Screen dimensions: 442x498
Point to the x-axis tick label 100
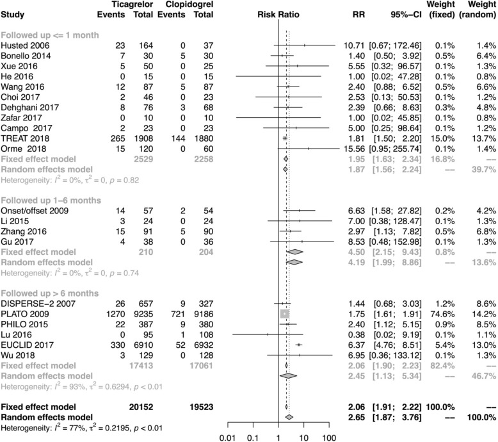(329, 438)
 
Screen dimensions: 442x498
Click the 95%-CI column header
(394, 13)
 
